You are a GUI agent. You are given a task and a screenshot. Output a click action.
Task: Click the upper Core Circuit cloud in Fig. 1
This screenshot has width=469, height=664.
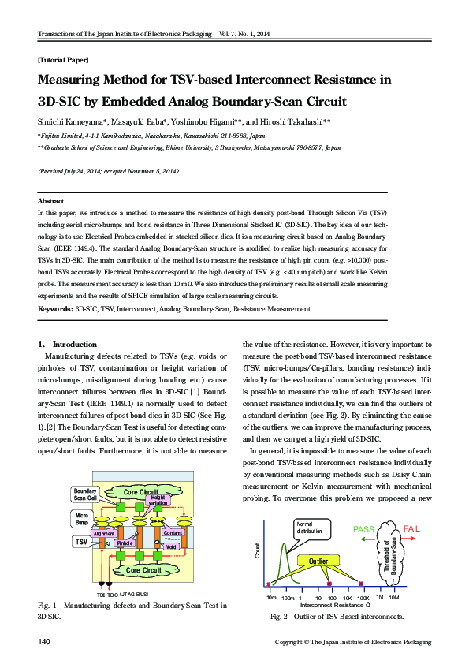(143, 493)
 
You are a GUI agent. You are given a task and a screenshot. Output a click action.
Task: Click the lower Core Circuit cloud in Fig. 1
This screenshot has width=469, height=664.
(144, 569)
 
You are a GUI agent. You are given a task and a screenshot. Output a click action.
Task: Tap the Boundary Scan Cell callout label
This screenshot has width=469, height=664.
(85, 494)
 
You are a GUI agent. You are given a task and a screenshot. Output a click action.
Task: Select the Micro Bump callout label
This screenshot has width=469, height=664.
(81, 519)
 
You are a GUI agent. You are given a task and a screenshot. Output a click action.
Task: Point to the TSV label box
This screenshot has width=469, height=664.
(81, 542)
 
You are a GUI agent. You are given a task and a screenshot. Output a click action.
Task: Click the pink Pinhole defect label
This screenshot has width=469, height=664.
(125, 543)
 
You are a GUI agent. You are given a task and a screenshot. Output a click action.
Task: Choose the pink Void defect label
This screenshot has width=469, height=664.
(172, 546)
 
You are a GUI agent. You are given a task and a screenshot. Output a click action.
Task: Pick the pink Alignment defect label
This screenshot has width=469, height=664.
(104, 534)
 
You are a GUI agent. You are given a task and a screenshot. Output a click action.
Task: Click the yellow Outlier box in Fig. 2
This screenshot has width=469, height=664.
(318, 561)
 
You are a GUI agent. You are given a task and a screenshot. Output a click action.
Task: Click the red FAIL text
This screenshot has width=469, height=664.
(416, 528)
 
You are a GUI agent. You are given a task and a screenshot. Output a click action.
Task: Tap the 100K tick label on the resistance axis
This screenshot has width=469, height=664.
(362, 599)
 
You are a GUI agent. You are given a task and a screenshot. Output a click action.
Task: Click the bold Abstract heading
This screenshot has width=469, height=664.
(51, 202)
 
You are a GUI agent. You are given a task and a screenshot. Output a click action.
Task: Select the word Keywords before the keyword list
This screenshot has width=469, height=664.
(55, 309)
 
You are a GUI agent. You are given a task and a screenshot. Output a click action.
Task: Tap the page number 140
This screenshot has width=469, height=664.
(45, 643)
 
